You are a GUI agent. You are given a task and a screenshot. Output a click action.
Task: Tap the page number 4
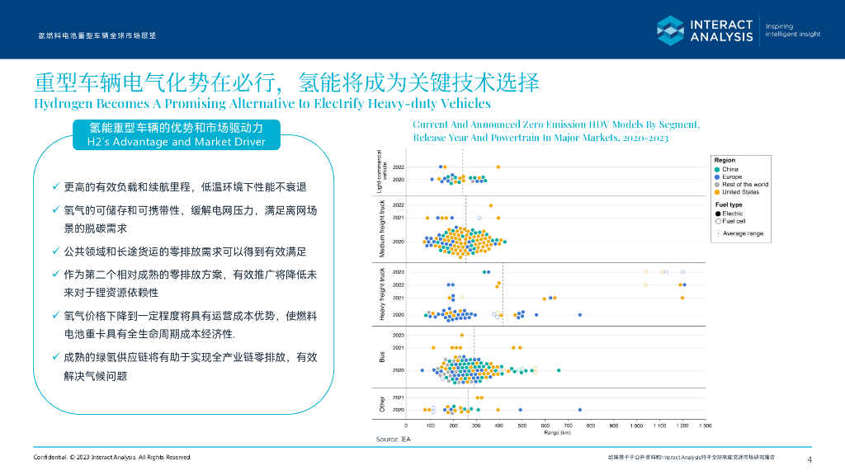point(810,459)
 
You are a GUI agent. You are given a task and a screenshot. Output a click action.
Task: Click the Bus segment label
point(382,357)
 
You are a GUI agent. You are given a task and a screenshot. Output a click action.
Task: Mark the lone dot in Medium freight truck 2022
point(491,205)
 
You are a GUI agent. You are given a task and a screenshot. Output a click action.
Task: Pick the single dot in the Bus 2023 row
point(461,335)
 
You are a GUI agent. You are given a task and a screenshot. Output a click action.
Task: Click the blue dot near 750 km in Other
point(579,410)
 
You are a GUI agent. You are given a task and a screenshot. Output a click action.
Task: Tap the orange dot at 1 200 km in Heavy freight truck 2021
point(682,298)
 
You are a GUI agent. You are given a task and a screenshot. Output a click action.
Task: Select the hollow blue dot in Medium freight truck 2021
point(479,218)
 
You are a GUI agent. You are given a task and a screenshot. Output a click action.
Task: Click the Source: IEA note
point(394,439)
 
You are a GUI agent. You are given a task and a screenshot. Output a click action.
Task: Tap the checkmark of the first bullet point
point(55,187)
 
